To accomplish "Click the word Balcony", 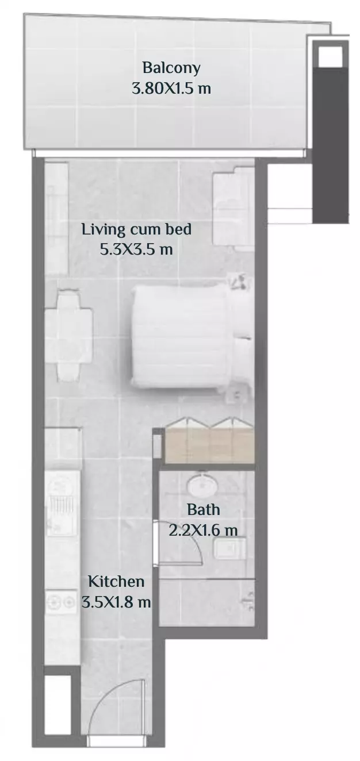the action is (x=171, y=68).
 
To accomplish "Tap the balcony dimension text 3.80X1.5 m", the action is (x=171, y=89).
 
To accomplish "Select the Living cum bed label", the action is (x=136, y=229).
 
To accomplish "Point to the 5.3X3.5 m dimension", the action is (x=136, y=249).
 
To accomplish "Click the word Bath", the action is (x=204, y=510).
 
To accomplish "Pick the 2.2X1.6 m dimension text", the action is (x=203, y=529).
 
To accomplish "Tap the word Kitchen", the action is (x=116, y=581).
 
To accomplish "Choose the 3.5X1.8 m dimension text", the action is (x=116, y=602).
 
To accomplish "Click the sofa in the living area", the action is (x=233, y=209).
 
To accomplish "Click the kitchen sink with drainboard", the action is (x=63, y=503).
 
